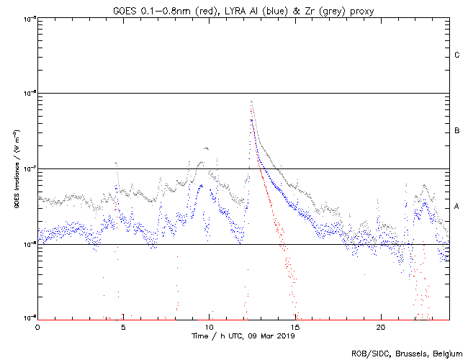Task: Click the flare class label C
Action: (457, 55)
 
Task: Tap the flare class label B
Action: (457, 131)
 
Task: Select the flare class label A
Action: (457, 207)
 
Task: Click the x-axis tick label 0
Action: (37, 326)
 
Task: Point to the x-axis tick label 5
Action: (123, 326)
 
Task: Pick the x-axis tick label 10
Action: (209, 326)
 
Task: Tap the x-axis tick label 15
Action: (295, 326)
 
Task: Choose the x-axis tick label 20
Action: (381, 326)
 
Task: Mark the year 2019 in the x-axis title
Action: (286, 336)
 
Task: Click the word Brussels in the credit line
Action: (407, 354)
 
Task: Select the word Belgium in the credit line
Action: (447, 354)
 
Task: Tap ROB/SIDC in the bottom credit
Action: (368, 354)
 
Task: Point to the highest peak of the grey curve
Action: (251, 102)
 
